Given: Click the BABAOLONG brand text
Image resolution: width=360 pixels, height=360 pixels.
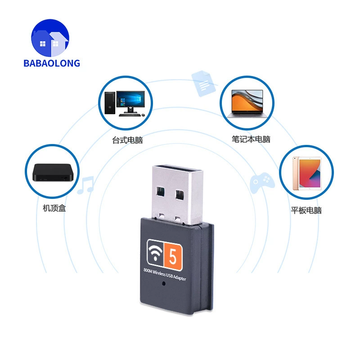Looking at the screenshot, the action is pos(52,63).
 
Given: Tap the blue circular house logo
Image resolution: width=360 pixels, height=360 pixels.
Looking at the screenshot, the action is pos(50,38).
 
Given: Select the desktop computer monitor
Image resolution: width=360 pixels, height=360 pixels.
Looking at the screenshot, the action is pos(130,102).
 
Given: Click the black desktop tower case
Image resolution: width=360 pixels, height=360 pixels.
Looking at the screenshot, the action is pos(110,103).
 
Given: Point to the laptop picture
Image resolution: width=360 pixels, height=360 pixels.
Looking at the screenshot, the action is pos(247,103).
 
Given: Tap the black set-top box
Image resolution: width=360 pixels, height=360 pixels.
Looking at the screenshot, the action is pos(53,172).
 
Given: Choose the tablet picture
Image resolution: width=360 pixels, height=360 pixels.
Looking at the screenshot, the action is pos(307,173).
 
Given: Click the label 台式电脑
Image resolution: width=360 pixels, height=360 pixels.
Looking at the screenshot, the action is pos(127,140).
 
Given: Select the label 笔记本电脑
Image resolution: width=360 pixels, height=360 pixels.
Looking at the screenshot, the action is pos(251,139).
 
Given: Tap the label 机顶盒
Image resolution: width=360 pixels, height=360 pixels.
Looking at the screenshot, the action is pos(54,208).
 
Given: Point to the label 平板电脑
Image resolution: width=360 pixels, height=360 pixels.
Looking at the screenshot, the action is pos(306,210).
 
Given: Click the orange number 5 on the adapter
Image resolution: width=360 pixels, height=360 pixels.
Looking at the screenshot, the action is pos(173,256).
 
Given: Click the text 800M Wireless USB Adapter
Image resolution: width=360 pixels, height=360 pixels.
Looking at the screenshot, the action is pos(165,274).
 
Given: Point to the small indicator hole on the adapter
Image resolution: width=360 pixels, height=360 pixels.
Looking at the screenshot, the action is pos(164,283).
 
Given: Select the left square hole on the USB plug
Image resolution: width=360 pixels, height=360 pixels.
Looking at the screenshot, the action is pos(160,192).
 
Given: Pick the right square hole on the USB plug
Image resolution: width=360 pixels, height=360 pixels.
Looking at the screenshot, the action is pos(180,195).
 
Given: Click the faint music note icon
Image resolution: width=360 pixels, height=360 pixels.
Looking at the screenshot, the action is pos(85,185).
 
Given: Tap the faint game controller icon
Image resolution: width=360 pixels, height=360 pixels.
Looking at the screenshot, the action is pos(262,182).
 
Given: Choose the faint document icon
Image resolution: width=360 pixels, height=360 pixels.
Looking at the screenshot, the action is pos(203,83).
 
